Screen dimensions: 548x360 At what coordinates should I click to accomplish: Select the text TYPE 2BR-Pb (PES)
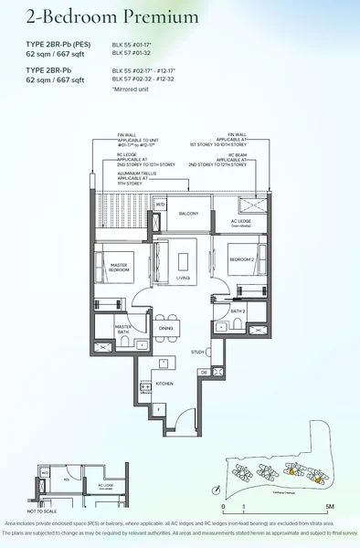57,44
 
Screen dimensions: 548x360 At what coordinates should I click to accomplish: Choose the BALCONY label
189,213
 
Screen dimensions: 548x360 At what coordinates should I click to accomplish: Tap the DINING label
165,328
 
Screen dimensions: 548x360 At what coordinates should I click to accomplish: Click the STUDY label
197,351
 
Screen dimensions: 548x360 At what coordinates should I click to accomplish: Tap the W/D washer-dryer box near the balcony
160,205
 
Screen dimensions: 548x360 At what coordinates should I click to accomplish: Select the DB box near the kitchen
204,373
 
